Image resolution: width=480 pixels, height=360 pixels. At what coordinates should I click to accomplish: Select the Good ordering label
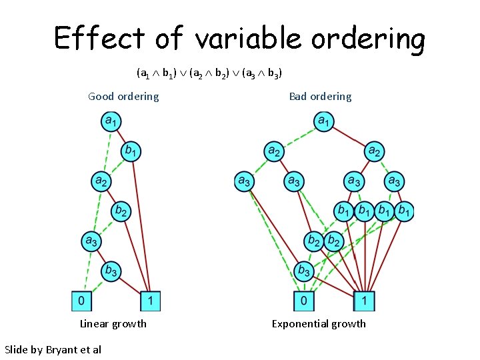(123, 97)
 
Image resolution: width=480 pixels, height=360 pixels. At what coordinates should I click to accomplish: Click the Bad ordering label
(320, 97)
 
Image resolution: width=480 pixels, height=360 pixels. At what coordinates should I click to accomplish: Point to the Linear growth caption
(113, 324)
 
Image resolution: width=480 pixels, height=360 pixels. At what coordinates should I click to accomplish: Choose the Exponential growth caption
(319, 324)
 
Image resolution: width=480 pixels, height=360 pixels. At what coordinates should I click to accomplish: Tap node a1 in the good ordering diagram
(111, 121)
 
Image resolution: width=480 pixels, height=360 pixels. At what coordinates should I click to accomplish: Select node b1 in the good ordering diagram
(131, 151)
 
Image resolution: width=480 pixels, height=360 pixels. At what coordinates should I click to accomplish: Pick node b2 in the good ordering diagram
(121, 211)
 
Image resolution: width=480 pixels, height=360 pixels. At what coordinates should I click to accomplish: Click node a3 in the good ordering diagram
(91, 241)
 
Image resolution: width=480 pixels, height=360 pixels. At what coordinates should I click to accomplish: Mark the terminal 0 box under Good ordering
(81, 301)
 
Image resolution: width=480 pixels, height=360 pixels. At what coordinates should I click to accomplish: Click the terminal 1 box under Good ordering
(151, 301)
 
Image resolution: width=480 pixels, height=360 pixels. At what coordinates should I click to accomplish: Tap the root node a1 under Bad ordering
(323, 121)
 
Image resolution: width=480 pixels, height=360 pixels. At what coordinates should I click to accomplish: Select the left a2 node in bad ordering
(274, 151)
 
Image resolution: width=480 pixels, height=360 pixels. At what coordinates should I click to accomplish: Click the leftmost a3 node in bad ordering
(245, 181)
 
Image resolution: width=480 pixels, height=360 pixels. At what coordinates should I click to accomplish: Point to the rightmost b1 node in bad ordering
(403, 211)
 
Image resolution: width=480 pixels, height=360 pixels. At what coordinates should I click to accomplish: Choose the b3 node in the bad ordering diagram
(303, 270)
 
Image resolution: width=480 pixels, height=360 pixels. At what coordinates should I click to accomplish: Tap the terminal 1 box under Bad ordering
(365, 301)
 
